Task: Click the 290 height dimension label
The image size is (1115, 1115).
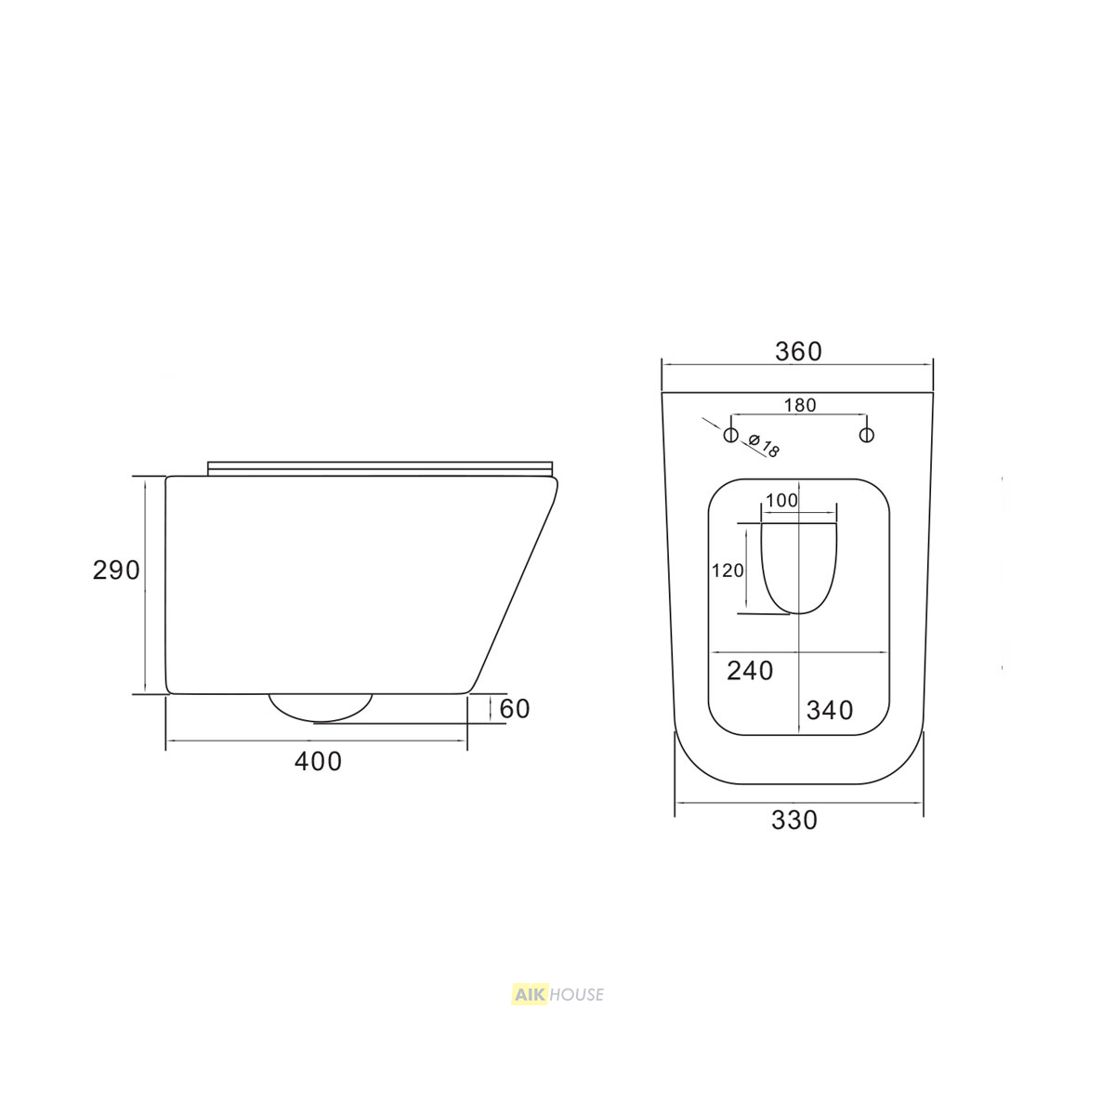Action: (x=116, y=571)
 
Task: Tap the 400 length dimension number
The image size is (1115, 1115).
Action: (x=319, y=762)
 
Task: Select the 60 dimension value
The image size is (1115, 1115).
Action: (x=515, y=709)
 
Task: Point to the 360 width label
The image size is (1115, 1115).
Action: (x=798, y=352)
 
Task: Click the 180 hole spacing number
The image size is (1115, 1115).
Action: (x=800, y=405)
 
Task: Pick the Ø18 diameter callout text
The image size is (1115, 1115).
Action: (x=764, y=446)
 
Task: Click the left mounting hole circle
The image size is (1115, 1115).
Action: (x=731, y=435)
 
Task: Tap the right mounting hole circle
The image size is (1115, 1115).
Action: (x=866, y=435)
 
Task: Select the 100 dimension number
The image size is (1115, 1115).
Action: (x=781, y=500)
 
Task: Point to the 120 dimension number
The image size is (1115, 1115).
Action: (x=728, y=571)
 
